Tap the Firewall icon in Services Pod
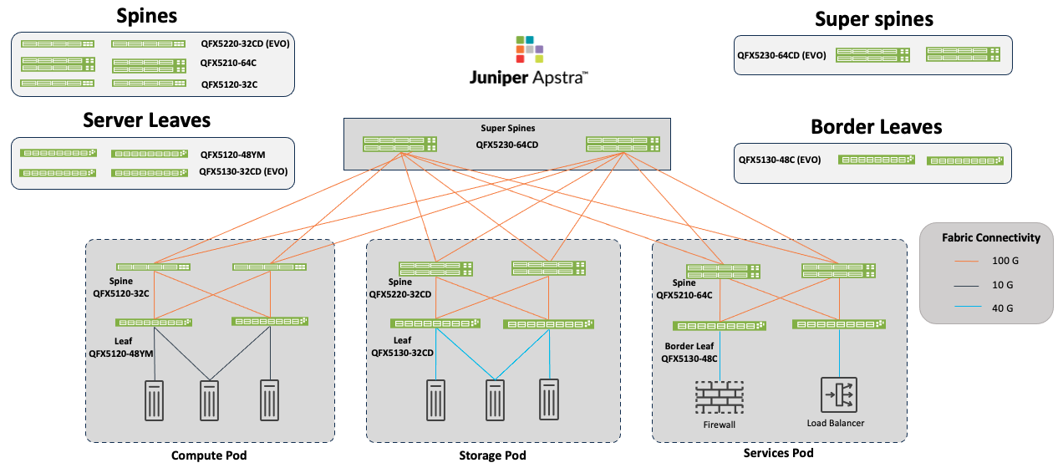(x=719, y=396)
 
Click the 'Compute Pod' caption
(x=209, y=455)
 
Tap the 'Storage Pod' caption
(x=492, y=455)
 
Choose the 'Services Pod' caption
(x=778, y=453)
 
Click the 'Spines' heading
(x=146, y=16)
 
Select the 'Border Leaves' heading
(x=877, y=127)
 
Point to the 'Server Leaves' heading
(x=146, y=120)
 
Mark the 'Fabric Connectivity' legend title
(x=991, y=237)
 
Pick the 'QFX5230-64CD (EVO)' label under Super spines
(x=781, y=56)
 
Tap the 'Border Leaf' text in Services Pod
(x=689, y=345)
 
